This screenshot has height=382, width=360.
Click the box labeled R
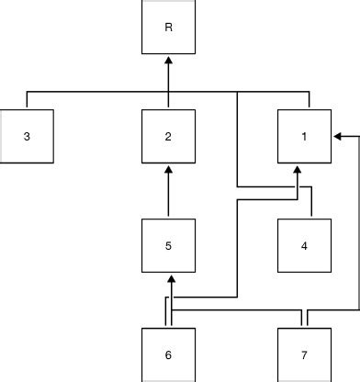point(168,28)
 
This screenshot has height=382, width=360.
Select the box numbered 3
point(28,137)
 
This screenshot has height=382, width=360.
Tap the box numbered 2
point(168,137)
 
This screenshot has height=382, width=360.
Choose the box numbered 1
point(303,137)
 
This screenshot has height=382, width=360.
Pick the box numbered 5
point(168,245)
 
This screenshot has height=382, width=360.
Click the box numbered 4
point(303,245)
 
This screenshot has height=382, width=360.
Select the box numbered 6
point(168,354)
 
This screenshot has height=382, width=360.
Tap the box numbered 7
point(303,354)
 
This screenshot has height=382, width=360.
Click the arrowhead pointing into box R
point(168,60)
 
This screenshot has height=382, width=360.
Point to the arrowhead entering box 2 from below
point(168,169)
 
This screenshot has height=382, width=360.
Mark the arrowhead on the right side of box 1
point(337,137)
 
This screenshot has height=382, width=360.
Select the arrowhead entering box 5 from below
point(168,277)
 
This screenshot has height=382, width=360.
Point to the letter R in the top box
point(168,28)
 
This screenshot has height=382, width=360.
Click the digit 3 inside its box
point(28,137)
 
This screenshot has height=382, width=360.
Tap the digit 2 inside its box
point(168,137)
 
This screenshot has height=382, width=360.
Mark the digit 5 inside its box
point(168,245)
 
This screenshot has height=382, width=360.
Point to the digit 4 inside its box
point(303,245)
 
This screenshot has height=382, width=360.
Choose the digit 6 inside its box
point(168,354)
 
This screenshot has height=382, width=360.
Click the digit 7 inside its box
point(303,354)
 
